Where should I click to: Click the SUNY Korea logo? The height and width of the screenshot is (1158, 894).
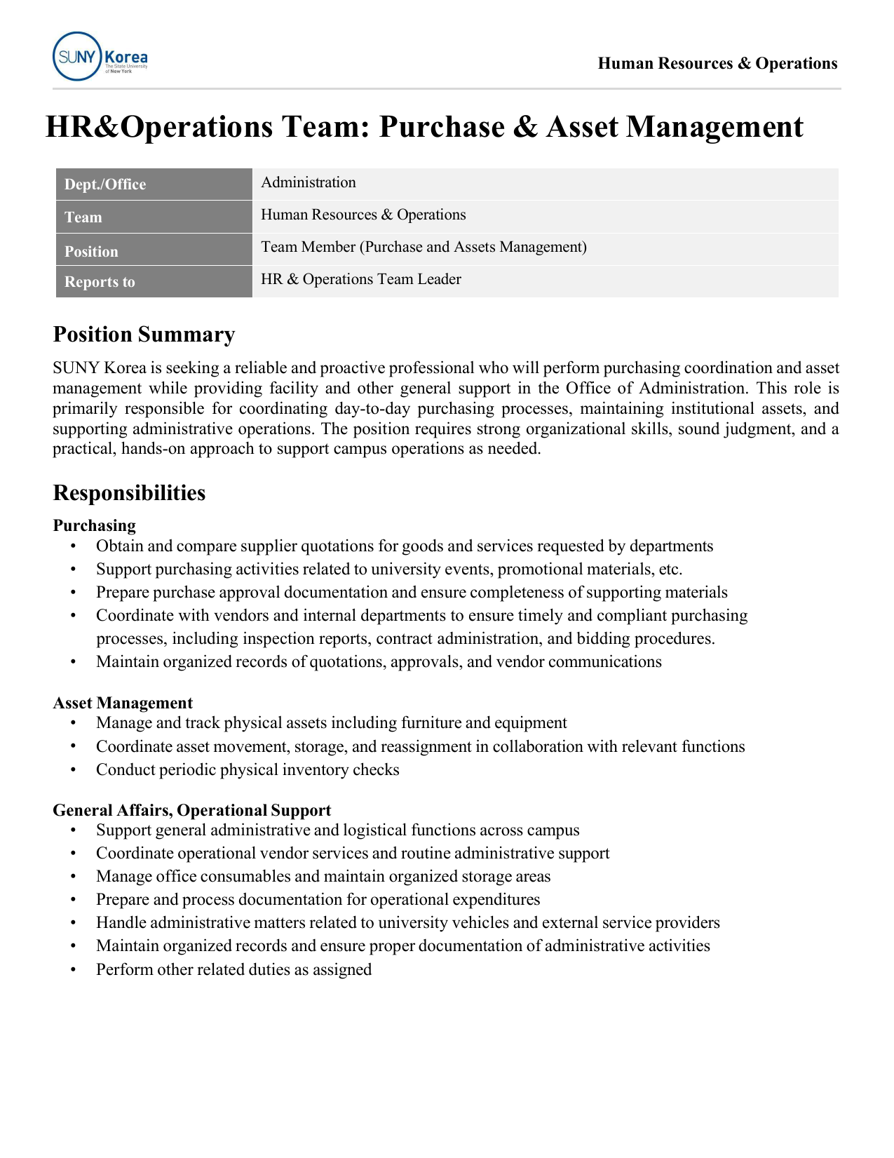point(100,57)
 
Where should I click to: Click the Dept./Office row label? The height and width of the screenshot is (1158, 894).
point(105,184)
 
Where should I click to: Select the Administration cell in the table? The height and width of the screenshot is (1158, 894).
point(309,182)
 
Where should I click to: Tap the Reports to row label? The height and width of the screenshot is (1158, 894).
point(100,282)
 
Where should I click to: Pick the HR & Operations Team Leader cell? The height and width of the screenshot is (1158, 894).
point(361,279)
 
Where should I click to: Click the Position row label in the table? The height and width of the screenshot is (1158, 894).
point(91,252)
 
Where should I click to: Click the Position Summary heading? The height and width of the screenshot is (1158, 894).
point(144,335)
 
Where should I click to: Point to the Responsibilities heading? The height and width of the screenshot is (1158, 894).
point(129,493)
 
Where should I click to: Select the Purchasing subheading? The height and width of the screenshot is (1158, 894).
point(95,525)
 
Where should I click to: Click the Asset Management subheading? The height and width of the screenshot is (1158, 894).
point(123,703)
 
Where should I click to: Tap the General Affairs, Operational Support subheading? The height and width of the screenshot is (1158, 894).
point(191,810)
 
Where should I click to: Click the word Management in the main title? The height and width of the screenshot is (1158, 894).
point(714,127)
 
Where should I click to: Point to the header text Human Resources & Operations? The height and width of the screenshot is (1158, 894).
point(717,63)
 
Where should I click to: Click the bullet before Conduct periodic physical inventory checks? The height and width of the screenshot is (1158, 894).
point(74,770)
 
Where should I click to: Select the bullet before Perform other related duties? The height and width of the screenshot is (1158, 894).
point(74,970)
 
